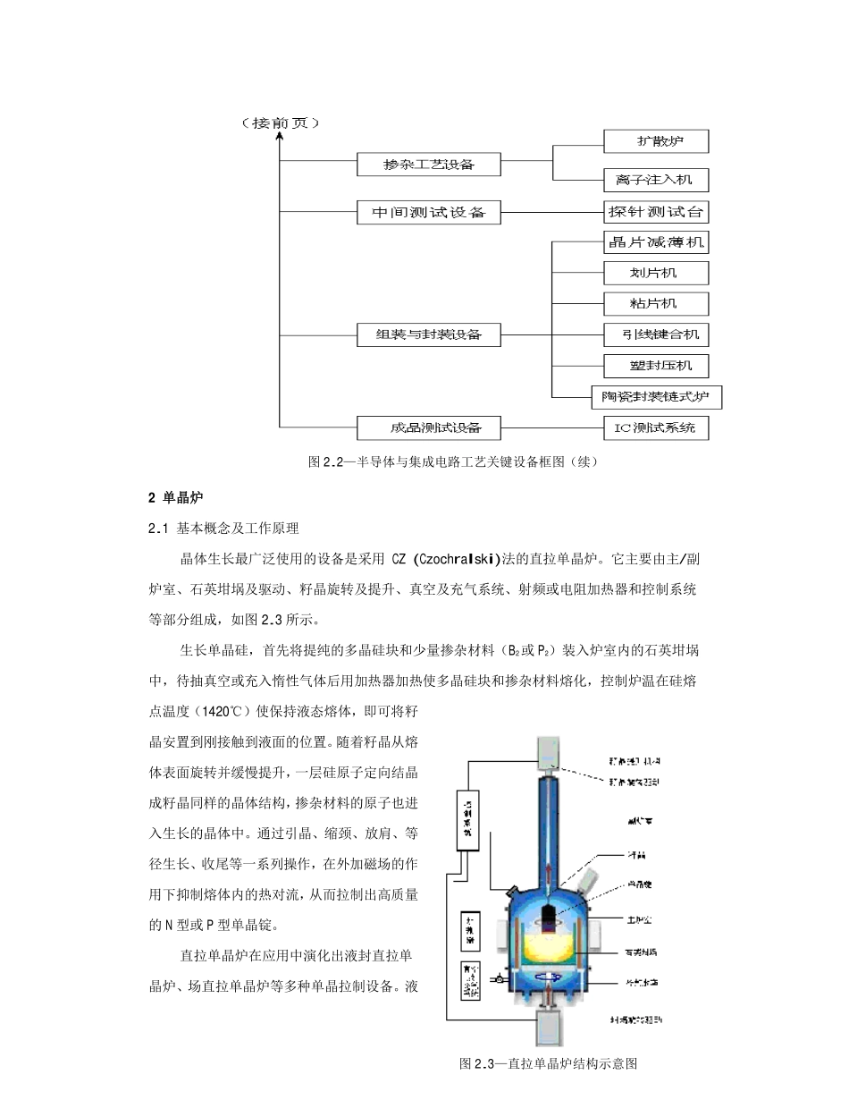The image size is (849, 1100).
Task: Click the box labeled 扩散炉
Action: pos(656,141)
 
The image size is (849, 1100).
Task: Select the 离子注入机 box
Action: pos(656,180)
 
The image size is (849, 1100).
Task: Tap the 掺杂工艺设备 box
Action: pos(428,165)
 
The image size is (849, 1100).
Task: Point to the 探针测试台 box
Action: pos(657,212)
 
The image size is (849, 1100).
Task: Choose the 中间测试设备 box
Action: pos(428,212)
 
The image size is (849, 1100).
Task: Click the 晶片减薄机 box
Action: pos(657,241)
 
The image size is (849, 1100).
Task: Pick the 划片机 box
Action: pos(657,273)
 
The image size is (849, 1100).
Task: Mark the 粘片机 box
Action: pos(657,304)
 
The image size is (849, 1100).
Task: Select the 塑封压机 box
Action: pos(657,366)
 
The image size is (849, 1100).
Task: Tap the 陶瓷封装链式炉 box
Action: pos(657,396)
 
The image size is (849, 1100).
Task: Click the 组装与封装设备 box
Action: pos(428,334)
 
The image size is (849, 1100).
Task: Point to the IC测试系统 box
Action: pos(657,427)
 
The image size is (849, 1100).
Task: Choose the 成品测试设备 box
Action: pos(428,427)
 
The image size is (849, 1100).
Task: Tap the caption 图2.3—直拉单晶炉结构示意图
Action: pos(548,1064)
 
